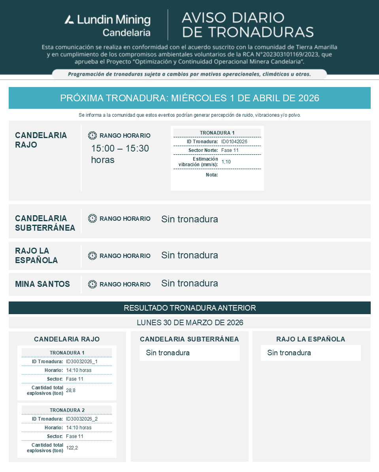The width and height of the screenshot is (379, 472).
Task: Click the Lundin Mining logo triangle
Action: click(69, 19)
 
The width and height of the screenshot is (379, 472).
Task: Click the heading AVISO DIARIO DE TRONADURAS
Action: click(247, 25)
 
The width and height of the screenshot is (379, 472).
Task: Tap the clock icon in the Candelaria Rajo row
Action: click(92, 135)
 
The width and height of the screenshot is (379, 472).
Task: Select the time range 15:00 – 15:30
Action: click(120, 149)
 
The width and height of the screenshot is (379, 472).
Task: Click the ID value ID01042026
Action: click(234, 141)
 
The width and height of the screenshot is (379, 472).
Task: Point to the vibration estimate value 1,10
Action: click(226, 161)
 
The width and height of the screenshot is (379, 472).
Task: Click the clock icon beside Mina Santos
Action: click(92, 284)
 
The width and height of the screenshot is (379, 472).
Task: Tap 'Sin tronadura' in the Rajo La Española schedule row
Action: click(189, 255)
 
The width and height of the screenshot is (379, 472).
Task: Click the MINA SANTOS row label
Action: click(42, 284)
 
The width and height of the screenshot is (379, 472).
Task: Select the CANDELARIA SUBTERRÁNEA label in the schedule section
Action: click(45, 223)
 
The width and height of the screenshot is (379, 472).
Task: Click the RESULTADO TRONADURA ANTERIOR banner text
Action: click(190, 308)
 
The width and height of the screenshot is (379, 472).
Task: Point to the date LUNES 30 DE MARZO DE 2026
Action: click(190, 322)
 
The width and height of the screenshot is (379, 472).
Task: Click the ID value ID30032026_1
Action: click(81, 361)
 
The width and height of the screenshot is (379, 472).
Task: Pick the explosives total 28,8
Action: click(70, 390)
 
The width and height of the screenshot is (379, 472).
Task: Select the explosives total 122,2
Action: click(72, 447)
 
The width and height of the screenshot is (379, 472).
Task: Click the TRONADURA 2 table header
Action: click(67, 410)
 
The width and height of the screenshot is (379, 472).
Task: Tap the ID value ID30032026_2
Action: click(81, 419)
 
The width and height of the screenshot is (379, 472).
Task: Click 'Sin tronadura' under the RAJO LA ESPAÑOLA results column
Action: click(289, 353)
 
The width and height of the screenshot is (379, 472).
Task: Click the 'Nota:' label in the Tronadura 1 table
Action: click(212, 174)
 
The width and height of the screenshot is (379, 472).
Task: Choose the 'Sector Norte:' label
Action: click(203, 150)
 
